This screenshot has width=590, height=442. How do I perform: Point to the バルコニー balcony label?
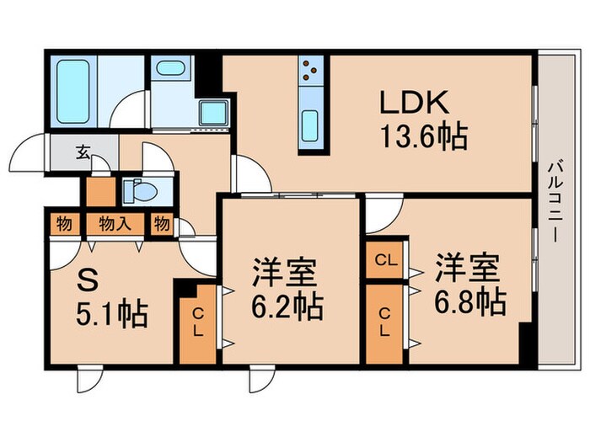click(x=557, y=201)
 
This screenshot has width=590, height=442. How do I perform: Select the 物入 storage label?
click(x=111, y=224)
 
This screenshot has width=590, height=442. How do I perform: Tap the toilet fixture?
click(x=138, y=192)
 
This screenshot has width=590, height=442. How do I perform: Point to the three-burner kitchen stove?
click(x=308, y=73)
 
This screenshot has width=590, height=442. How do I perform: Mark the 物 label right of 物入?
click(x=160, y=224)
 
